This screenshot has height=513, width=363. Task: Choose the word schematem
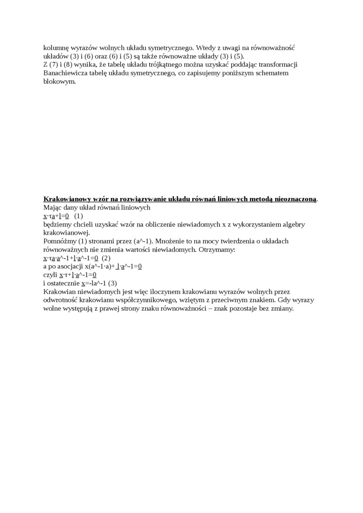pyautogui.click(x=271, y=73)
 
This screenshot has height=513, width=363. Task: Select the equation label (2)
pyautogui.click(x=106, y=258)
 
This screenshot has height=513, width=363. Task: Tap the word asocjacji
pyautogui.click(x=70, y=266)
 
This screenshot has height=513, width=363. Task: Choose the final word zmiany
pyautogui.click(x=280, y=308)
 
